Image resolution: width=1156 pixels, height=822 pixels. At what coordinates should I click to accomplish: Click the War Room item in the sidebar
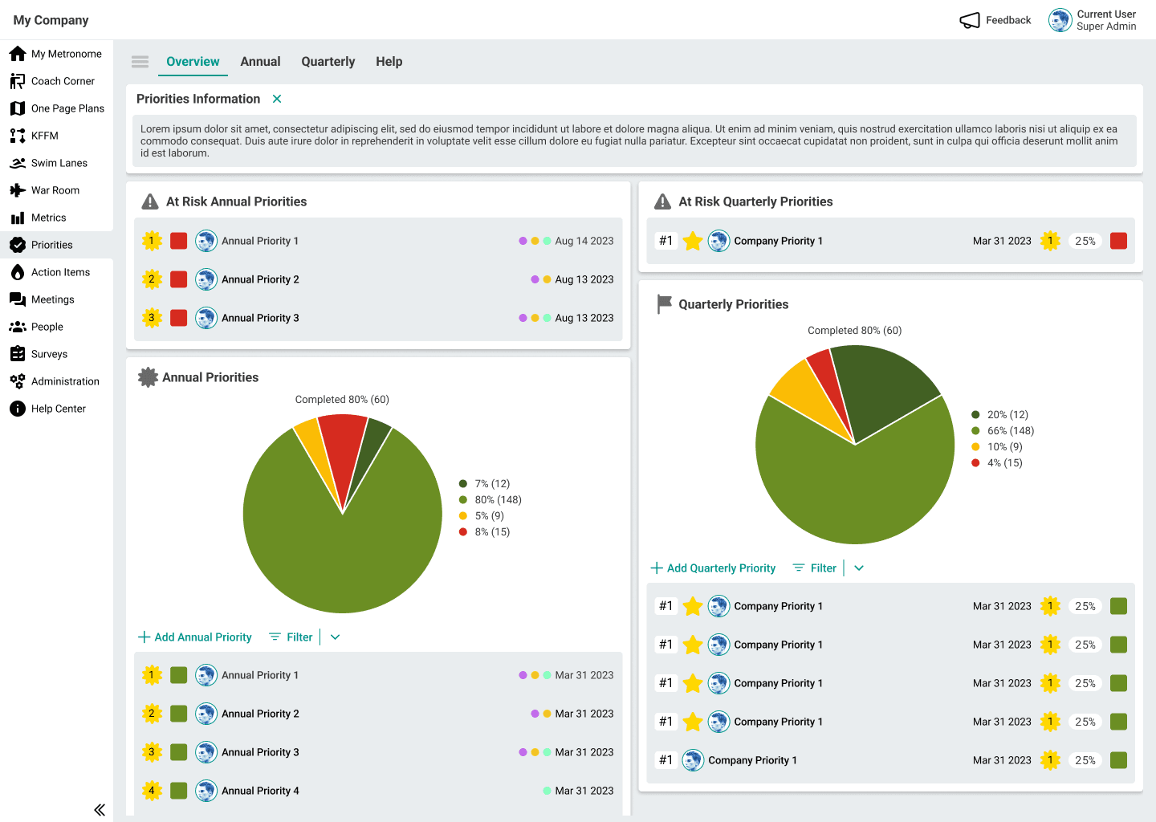click(55, 190)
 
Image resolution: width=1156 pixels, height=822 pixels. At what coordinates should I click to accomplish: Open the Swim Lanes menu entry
click(59, 163)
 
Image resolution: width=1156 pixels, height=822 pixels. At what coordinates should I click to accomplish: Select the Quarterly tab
click(328, 62)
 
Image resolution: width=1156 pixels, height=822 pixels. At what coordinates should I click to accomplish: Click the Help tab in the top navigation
click(389, 62)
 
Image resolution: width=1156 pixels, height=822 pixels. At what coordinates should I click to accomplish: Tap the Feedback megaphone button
click(995, 20)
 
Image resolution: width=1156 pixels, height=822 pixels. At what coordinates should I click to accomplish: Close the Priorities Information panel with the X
click(277, 99)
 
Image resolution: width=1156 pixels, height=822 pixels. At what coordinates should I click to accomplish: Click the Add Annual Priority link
click(195, 637)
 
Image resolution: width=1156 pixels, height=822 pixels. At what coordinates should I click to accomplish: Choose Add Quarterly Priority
click(713, 568)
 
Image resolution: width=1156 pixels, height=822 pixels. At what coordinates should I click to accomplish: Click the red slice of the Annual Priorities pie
click(344, 450)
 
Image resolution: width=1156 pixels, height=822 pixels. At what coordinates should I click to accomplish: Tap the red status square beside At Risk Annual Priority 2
click(179, 279)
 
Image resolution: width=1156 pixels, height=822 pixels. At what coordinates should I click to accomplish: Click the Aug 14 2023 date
click(584, 241)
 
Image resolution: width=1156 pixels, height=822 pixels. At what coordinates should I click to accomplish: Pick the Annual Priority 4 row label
click(260, 791)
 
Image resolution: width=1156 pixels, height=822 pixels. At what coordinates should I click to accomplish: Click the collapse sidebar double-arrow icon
click(100, 810)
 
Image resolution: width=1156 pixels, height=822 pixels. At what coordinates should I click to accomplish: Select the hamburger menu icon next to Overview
click(140, 62)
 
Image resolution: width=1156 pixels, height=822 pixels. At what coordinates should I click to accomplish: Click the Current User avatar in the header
click(1060, 20)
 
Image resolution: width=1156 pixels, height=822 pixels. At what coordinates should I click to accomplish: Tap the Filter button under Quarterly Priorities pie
click(815, 568)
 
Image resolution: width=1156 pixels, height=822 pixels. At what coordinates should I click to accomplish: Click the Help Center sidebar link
click(58, 409)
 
